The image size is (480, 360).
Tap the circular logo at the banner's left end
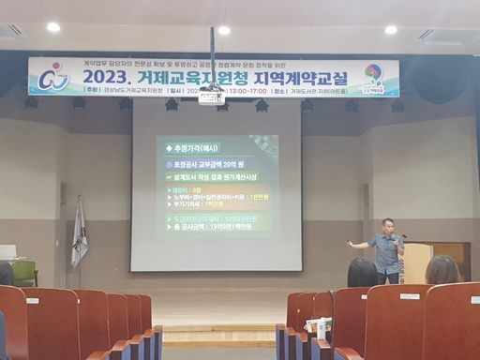coord(55,76)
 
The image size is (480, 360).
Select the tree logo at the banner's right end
coord(374,76)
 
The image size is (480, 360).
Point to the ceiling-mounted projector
coord(212,95)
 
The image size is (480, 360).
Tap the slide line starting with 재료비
coord(187,189)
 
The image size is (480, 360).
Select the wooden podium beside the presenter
coord(418,262)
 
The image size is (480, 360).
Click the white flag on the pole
coord(79,234)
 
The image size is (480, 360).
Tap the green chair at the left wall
coord(24,272)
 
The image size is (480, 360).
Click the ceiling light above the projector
coord(223,30)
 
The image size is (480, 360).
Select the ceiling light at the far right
coord(391,30)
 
